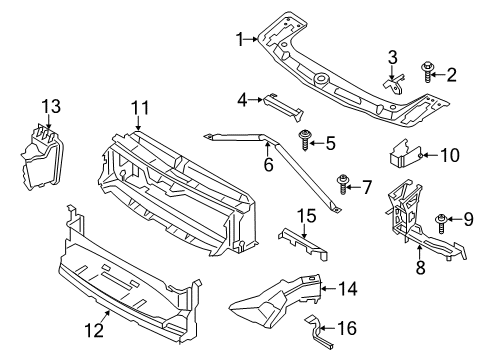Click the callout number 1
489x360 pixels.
[240, 39]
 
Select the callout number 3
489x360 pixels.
[392, 55]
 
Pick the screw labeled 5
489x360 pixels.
[305, 143]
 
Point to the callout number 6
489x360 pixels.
[268, 164]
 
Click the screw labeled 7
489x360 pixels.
[343, 184]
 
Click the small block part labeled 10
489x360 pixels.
[404, 155]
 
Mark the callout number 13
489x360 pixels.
[51, 106]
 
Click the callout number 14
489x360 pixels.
[347, 289]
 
